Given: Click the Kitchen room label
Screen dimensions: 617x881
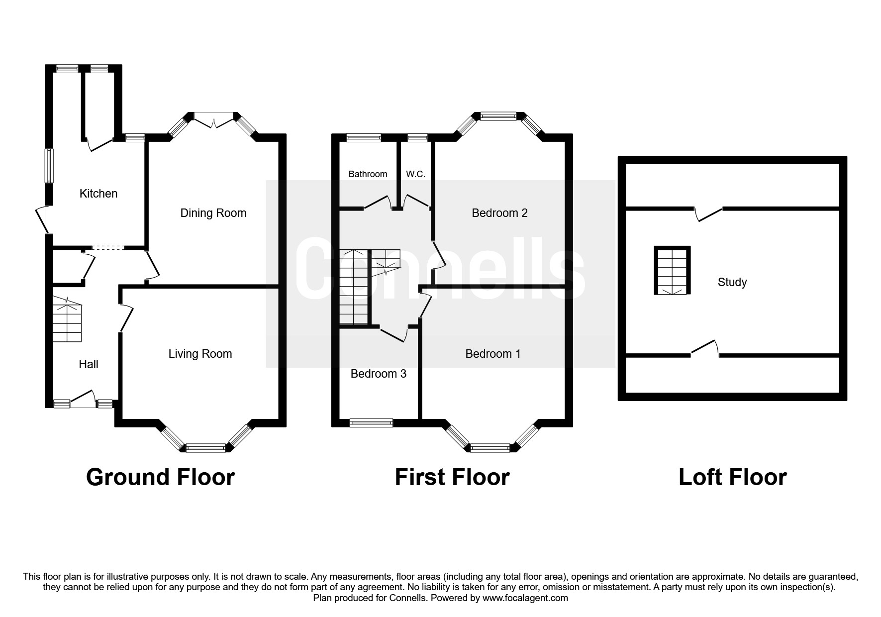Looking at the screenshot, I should [x=98, y=194].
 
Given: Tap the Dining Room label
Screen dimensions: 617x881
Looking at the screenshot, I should [x=213, y=213].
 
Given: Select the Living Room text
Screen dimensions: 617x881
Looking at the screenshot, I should [x=200, y=354].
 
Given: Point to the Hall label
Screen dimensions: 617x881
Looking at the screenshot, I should [x=89, y=364].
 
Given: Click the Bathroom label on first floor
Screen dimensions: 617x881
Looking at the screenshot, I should [x=368, y=174].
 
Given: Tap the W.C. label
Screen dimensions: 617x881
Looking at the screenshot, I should [x=415, y=174].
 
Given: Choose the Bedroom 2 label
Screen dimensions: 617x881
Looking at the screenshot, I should [x=499, y=213].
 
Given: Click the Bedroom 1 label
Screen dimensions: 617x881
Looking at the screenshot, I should [x=493, y=354].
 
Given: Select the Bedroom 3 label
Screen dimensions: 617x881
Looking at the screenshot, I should [x=379, y=374].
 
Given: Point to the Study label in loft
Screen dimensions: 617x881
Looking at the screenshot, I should [x=732, y=282].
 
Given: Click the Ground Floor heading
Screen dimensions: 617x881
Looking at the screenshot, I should [x=160, y=477].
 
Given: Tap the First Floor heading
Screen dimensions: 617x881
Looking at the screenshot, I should [x=452, y=477].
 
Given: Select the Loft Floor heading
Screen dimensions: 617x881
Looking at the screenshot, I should [x=732, y=477].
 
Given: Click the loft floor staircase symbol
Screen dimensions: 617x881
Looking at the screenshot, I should [x=672, y=271].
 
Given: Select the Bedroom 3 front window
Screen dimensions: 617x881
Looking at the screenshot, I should [x=371, y=423].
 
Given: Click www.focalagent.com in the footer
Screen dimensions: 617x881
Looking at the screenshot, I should [x=525, y=598].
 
